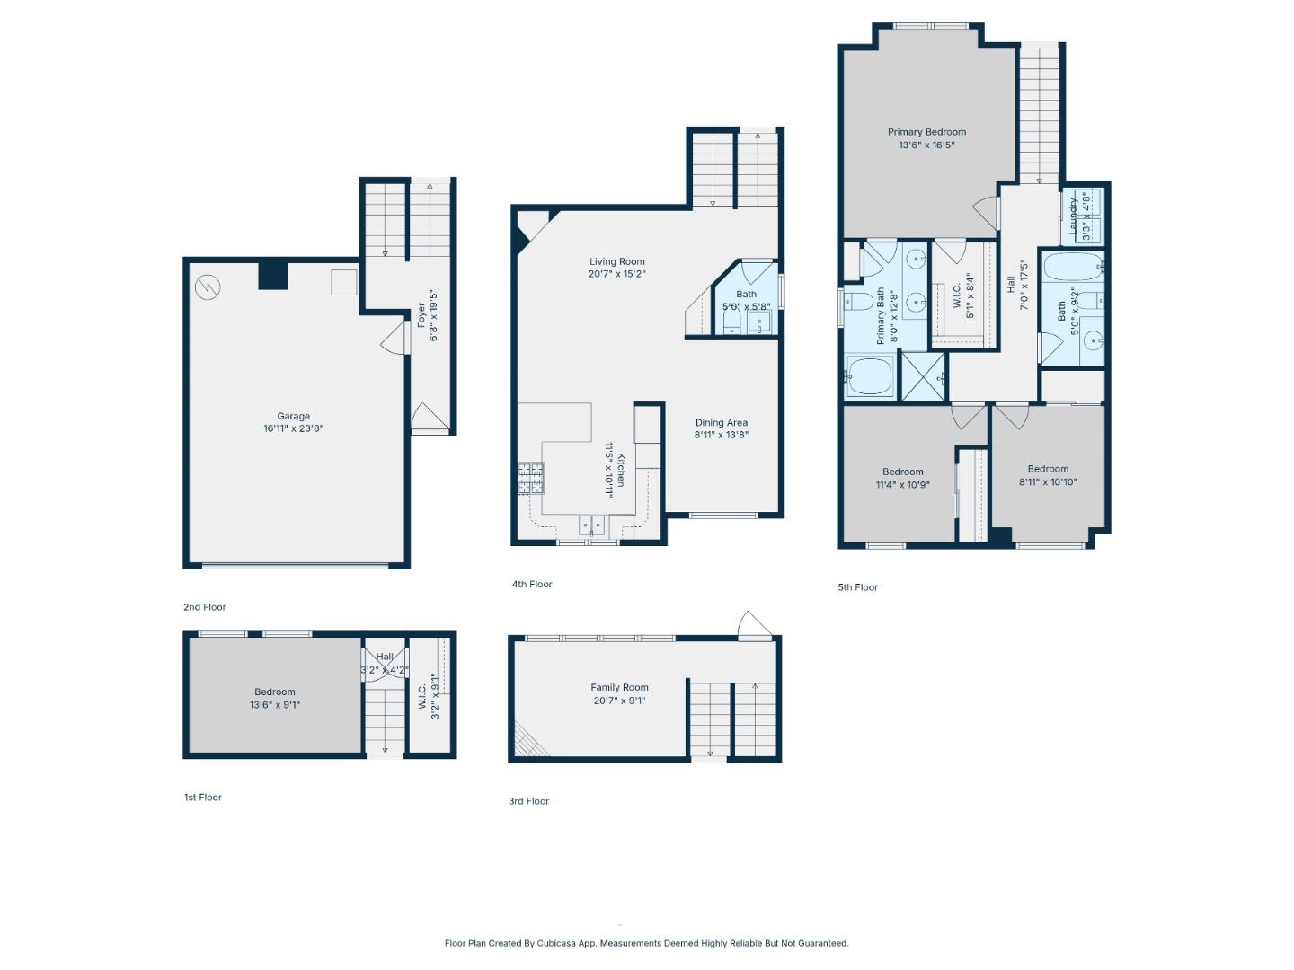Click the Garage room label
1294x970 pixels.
[x=293, y=417]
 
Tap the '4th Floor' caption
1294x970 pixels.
[x=532, y=585]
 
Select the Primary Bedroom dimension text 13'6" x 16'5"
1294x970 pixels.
[x=926, y=145]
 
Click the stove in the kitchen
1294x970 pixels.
[x=531, y=478]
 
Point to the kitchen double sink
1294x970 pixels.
[x=591, y=525]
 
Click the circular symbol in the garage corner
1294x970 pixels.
[x=208, y=287]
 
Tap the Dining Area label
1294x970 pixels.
[x=721, y=423]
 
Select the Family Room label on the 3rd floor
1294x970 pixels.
[x=619, y=688]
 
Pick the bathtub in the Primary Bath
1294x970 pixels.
[x=870, y=376]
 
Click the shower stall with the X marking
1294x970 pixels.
[x=924, y=376]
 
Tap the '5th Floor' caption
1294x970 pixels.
[x=857, y=587]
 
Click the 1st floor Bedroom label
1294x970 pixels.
[x=274, y=692]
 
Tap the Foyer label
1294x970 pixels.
[x=421, y=314]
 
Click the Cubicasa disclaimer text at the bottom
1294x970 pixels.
[x=646, y=943]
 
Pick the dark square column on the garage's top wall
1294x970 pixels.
[x=273, y=275]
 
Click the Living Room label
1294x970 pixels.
[x=616, y=262]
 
